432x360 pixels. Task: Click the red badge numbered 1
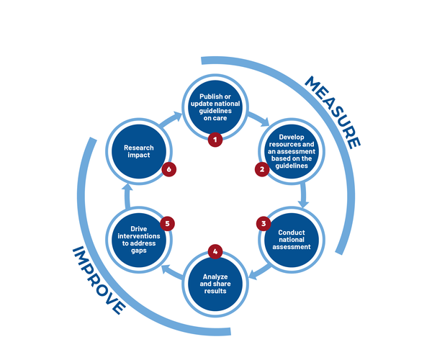(x=215, y=140)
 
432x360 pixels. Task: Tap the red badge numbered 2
(x=262, y=170)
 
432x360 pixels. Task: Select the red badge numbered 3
(x=263, y=223)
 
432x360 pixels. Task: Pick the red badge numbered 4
(x=215, y=252)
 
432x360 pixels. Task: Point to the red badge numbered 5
(x=167, y=223)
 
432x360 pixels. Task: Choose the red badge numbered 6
(x=168, y=170)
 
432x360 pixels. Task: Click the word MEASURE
(x=331, y=112)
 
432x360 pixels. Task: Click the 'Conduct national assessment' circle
(x=292, y=241)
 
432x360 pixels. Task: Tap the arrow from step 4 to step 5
(x=171, y=269)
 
